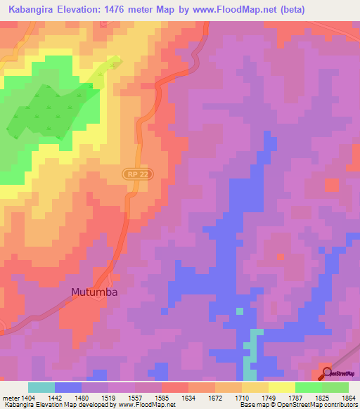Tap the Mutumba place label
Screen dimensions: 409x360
pos(94,292)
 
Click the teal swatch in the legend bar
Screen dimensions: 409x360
pos(41,387)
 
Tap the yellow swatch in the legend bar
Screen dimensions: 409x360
pos(282,387)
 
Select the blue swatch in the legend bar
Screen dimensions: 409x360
pos(68,387)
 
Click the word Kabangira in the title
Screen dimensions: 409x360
pos(32,8)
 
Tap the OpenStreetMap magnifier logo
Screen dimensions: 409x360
pos(326,372)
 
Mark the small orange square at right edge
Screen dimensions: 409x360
pos(331,185)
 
